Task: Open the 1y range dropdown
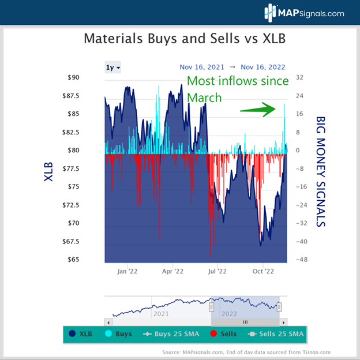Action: point(112,67)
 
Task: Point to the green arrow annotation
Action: point(259,108)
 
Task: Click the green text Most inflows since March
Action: point(237,89)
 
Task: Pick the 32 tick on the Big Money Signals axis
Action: point(299,77)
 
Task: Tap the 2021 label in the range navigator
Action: point(162,314)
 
